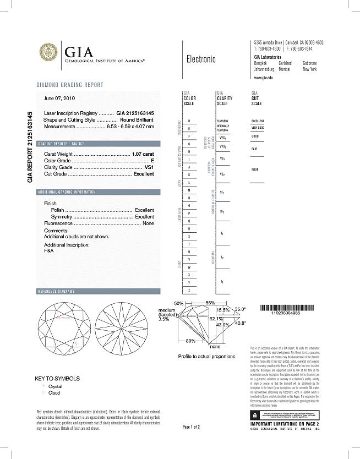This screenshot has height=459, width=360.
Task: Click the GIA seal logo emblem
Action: [48, 53]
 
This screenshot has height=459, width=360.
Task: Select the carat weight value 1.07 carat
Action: [143, 154]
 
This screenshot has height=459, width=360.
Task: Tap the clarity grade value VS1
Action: [149, 167]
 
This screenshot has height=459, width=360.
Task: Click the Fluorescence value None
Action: [148, 223]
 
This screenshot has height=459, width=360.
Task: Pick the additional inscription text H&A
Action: [48, 250]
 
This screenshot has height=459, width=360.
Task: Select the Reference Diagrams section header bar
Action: [99, 291]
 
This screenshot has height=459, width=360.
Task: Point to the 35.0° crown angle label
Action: [241, 309]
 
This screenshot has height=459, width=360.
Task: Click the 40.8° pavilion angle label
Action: [241, 324]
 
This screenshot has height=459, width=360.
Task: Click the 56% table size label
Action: [210, 303]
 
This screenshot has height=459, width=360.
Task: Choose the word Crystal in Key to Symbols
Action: [56, 386]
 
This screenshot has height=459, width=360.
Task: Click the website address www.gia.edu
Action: [264, 79]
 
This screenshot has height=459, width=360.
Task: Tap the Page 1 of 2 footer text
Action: [191, 427]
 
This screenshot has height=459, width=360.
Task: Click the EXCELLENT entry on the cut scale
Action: [258, 121]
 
